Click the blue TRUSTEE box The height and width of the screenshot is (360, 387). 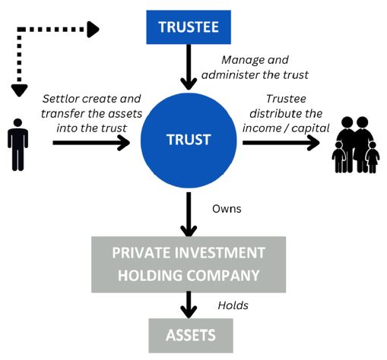click(189, 27)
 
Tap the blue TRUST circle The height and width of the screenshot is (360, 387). click(189, 141)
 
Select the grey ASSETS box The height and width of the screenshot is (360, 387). click(191, 336)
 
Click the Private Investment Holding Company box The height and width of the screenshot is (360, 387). click(189, 264)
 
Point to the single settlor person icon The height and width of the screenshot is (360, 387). click(17, 144)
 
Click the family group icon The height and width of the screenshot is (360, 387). click(356, 145)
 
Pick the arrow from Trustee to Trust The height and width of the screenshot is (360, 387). click(189, 67)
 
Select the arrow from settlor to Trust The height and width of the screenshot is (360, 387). click(91, 143)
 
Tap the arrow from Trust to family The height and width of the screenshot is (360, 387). click(281, 143)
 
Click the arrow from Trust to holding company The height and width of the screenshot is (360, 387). click(189, 214)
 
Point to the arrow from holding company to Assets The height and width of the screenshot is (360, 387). click(189, 305)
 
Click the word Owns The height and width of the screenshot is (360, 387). click(227, 209)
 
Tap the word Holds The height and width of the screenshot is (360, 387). click(233, 305)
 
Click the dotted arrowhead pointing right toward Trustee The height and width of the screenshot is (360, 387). click(93, 30)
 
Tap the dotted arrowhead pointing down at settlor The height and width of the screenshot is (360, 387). click(19, 90)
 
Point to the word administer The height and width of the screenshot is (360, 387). click(230, 75)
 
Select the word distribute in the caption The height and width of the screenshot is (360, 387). click(273, 113)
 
